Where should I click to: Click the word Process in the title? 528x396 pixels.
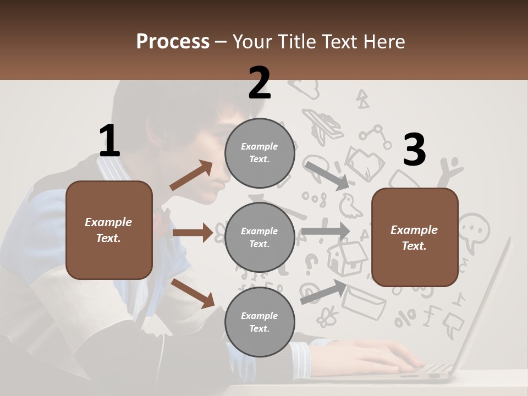173,42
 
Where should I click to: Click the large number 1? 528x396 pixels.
109,141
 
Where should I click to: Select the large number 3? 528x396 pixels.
414,150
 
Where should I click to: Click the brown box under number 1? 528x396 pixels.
109,230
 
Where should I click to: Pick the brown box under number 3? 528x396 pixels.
415,238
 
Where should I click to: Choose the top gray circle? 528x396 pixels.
260,153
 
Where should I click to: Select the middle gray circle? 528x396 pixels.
260,237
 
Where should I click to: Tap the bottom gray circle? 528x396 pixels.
260,322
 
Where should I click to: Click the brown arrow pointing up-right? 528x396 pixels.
191,175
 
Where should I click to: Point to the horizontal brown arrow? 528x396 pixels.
193,233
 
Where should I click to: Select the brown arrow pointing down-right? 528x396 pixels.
193,293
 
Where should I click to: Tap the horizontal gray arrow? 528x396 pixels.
326,230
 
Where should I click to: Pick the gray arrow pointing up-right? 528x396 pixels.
324,291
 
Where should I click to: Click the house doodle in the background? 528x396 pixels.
346,257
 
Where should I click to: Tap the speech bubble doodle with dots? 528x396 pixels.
473,228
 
